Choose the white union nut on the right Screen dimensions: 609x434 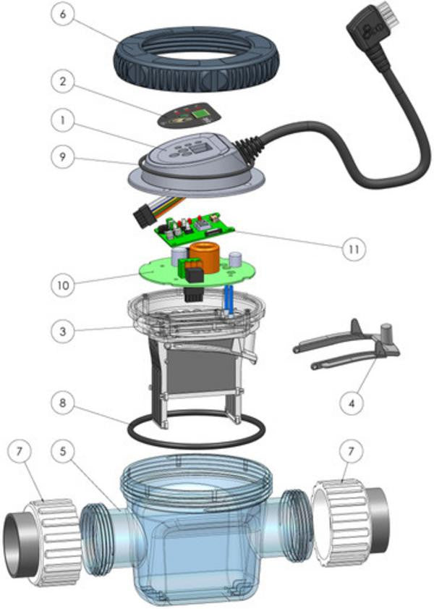(340, 516)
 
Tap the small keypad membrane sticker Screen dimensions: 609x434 (190, 114)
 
